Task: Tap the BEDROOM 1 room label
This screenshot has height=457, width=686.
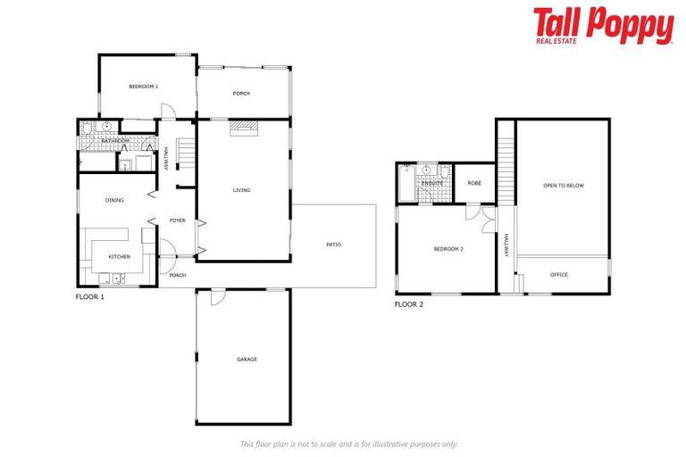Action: click(x=143, y=87)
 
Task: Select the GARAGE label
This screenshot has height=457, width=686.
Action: click(x=247, y=360)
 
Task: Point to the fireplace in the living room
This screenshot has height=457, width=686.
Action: click(x=242, y=129)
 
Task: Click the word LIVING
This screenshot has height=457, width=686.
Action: click(x=241, y=190)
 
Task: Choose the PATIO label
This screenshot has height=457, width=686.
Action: click(x=333, y=245)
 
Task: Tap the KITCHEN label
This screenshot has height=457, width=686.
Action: click(x=120, y=257)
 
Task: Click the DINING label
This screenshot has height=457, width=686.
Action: click(x=113, y=200)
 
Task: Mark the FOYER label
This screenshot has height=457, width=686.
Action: click(x=178, y=220)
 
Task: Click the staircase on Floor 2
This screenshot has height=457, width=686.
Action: click(x=506, y=151)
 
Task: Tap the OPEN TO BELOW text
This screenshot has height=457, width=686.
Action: click(x=563, y=186)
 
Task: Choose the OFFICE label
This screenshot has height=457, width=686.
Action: click(x=558, y=275)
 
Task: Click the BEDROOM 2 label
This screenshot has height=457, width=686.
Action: click(x=448, y=249)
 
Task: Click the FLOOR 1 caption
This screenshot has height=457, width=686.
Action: click(x=90, y=296)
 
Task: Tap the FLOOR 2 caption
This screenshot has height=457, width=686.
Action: click(x=409, y=304)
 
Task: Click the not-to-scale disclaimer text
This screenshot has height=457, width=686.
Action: click(x=349, y=444)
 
